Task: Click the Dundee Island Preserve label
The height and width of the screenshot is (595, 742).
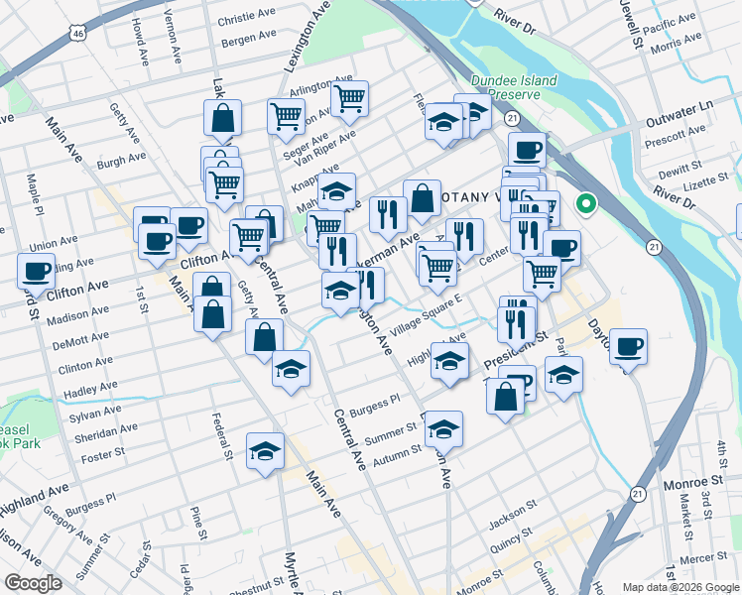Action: click(505, 86)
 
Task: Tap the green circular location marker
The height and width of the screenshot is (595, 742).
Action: click(586, 206)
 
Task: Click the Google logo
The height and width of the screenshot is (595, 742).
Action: click(33, 583)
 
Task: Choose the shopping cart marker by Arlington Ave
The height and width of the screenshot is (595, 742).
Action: click(349, 97)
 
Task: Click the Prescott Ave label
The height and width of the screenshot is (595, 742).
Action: click(673, 143)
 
